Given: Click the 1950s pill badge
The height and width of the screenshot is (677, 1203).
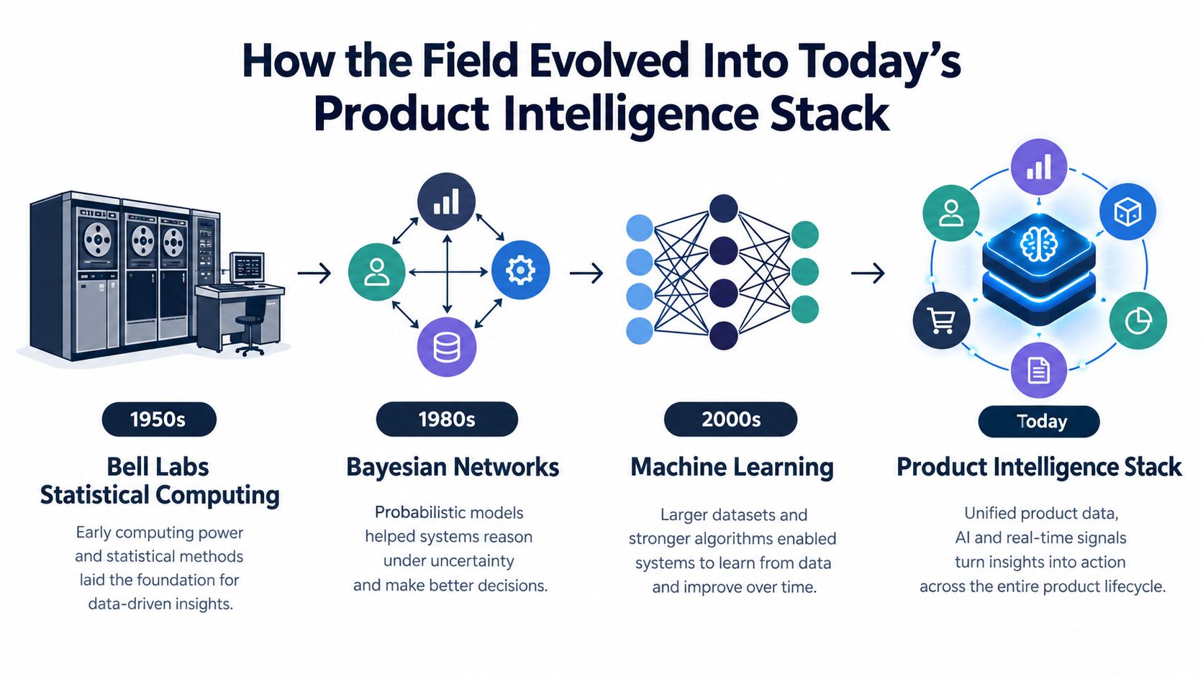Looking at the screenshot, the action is click(x=159, y=419).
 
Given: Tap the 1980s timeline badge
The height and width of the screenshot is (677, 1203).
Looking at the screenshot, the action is click(x=447, y=419).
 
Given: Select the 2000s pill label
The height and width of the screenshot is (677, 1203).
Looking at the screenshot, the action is click(x=730, y=419).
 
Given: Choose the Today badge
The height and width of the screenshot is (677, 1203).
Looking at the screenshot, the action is click(x=1039, y=422).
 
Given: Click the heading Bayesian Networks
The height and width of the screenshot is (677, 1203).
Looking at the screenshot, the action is click(x=452, y=467).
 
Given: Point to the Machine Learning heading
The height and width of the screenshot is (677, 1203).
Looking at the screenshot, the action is click(x=732, y=467).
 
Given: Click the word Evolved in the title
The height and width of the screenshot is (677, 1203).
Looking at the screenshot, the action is click(x=609, y=62).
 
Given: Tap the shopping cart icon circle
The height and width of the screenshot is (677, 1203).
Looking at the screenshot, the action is click(x=941, y=321).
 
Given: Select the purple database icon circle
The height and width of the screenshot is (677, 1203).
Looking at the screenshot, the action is click(x=447, y=347).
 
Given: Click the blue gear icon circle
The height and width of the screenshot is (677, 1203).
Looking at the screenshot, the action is click(x=520, y=270).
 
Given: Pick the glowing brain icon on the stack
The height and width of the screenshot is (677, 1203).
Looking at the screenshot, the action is click(x=1039, y=244).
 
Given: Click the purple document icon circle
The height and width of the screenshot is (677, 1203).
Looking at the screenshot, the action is click(x=1039, y=370).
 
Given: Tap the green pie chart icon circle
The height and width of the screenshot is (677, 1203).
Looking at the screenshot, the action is click(x=1138, y=321).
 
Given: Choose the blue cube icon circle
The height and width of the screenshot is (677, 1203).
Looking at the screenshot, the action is click(x=1128, y=212).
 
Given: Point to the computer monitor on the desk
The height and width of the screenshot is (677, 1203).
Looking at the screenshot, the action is click(x=248, y=268).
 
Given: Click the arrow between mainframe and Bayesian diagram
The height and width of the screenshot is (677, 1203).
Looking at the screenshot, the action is click(x=314, y=273).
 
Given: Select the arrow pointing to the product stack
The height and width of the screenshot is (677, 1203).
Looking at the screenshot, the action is click(x=868, y=273).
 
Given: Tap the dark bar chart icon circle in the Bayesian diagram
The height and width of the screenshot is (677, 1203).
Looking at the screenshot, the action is click(x=446, y=201).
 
